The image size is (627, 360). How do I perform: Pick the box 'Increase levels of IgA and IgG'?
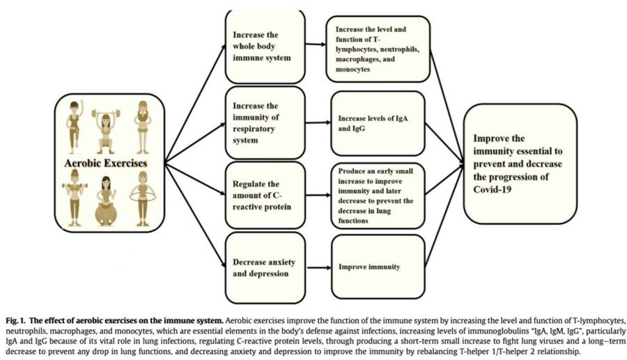coord(378,123)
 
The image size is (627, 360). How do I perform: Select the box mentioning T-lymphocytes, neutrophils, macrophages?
coord(378,49)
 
